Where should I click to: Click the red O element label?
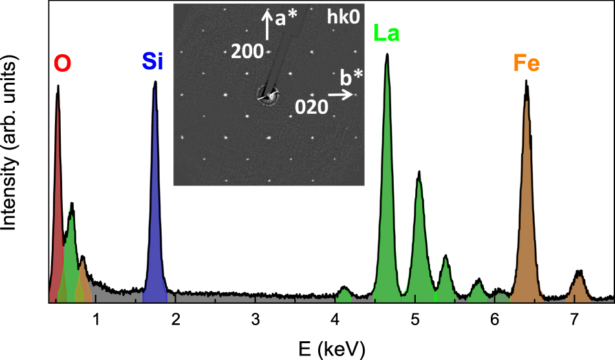tap(63, 63)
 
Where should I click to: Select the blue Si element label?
tap(153, 62)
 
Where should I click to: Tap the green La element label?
tap(387, 34)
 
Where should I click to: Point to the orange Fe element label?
tap(526, 63)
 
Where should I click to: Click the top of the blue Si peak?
tap(155, 83)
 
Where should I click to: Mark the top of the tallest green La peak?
tap(387, 55)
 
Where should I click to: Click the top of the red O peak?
tap(58, 87)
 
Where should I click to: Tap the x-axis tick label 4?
tap(335, 319)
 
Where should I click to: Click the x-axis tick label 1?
tap(96, 319)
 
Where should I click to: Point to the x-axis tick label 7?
tap(574, 319)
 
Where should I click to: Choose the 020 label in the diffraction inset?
tap(310, 107)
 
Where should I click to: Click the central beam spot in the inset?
tap(268, 96)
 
